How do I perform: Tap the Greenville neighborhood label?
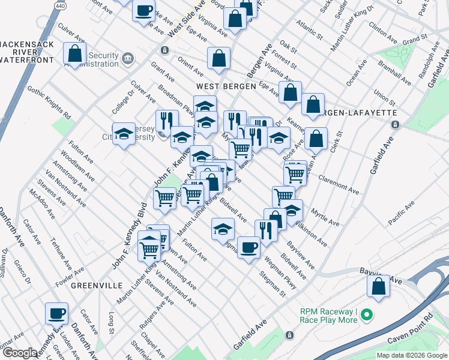tap(92, 286)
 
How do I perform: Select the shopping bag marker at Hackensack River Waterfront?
tap(75, 53)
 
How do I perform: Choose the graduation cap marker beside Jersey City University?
tap(124, 134)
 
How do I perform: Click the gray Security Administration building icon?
tap(127, 58)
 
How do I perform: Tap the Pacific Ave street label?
tap(402, 213)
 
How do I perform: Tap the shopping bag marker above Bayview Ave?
tap(379, 286)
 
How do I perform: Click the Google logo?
tap(20, 353)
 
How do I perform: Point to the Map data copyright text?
tap(411, 355)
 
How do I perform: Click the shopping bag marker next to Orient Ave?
tap(219, 58)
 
